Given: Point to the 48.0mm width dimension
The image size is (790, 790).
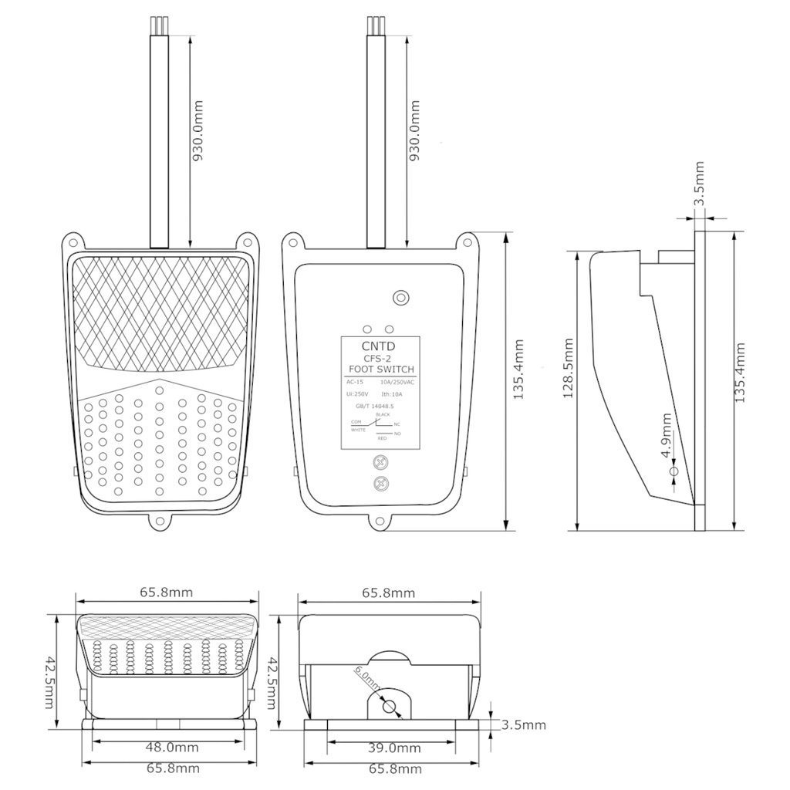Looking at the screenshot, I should (168, 748).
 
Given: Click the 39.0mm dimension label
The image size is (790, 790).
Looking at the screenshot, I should (393, 748).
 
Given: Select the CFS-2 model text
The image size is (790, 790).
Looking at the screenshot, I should (380, 359).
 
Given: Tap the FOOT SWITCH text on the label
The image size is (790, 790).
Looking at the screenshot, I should (380, 370).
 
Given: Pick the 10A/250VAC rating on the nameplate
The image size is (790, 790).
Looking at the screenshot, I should (398, 382).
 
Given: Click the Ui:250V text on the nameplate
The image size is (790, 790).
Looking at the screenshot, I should (357, 393).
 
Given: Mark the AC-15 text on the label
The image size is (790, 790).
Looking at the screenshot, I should (355, 382).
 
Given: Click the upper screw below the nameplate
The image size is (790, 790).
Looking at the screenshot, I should (380, 463).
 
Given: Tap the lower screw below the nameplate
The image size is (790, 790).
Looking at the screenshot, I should (380, 484).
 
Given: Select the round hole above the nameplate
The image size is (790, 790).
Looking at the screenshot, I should (400, 297).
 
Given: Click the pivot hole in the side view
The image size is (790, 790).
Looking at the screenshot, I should (674, 470).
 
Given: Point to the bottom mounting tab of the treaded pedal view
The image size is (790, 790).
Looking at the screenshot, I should (160, 522).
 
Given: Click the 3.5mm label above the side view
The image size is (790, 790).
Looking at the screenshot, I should (699, 184).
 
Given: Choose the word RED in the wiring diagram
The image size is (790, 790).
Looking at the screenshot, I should (381, 438).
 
